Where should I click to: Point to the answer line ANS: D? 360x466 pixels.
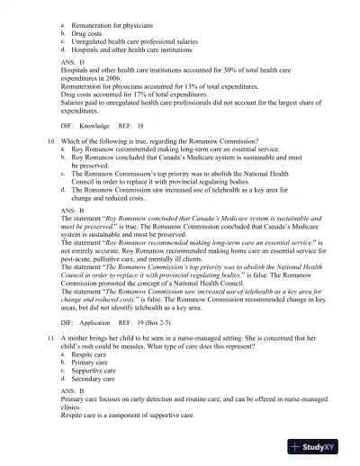tap(73, 63)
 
